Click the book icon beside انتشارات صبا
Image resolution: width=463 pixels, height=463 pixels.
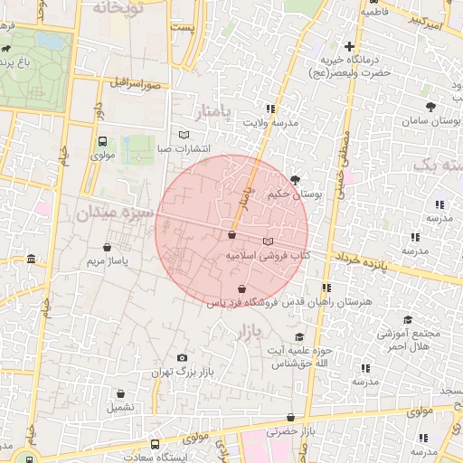pyautogui.click(x=185, y=135)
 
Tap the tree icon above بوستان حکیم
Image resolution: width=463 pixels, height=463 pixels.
pyautogui.click(x=297, y=180)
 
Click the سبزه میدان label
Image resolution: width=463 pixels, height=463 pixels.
pyautogui.click(x=110, y=213)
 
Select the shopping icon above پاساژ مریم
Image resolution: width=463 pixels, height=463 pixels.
pyautogui.click(x=109, y=246)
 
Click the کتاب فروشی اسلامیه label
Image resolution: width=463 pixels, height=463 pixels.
pyautogui.click(x=268, y=257)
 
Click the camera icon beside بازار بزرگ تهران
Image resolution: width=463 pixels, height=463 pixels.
pyautogui.click(x=184, y=358)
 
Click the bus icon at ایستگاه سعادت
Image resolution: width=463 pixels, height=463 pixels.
pyautogui.click(x=156, y=444)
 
